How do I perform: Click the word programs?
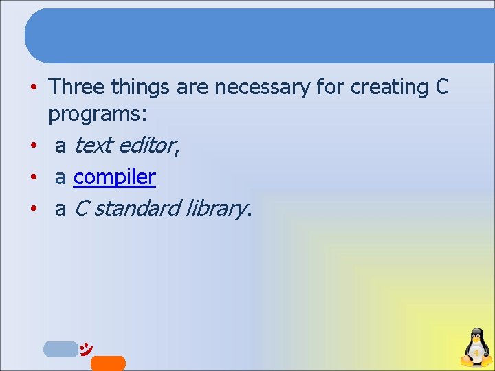[x=102, y=114]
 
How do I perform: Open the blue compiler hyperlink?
[x=115, y=177]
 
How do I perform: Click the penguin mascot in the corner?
[x=476, y=348]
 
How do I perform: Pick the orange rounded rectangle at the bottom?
[x=108, y=363]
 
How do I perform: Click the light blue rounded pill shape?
[x=60, y=349]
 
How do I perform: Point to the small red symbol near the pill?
[x=87, y=348]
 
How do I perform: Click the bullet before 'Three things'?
[x=33, y=88]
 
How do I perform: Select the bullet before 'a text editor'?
[x=33, y=146]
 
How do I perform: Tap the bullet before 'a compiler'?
[x=33, y=178]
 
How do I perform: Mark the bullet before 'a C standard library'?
[x=33, y=209]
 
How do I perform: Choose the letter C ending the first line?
[x=442, y=87]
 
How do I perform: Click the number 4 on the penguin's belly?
[x=476, y=353]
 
